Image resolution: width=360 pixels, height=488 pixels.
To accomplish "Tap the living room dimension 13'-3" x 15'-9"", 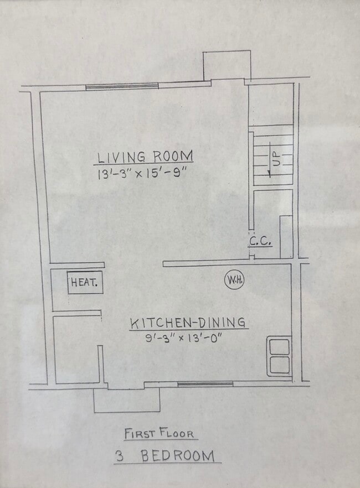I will coord(143,173).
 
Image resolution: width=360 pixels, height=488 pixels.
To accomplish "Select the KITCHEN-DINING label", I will coord(188,322).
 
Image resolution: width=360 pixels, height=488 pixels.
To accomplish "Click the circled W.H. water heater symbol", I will coord(234,280).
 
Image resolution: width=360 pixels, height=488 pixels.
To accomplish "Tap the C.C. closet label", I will coord(259,241).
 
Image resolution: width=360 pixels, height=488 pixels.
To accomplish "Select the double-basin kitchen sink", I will coord(279,356).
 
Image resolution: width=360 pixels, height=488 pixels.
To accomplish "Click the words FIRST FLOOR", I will coord(160,433).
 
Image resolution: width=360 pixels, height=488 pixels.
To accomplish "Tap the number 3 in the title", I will coord(119,456).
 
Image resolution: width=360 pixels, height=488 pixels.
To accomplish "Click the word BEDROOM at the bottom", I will coord(177,456).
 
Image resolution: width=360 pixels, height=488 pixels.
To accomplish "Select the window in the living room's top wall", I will coord(122,86).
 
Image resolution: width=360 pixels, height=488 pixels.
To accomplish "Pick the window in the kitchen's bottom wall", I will coord(205,383).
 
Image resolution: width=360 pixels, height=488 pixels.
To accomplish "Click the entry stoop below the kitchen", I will coord(127,399).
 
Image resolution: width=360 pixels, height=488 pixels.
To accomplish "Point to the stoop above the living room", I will coord(227,66).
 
